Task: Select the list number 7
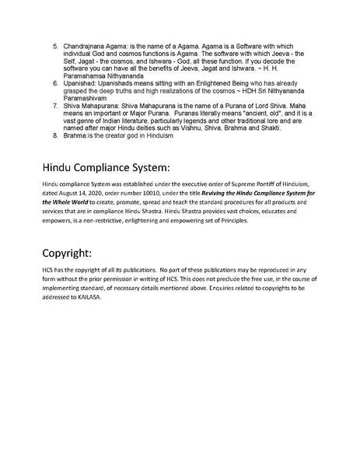coord(55,108)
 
